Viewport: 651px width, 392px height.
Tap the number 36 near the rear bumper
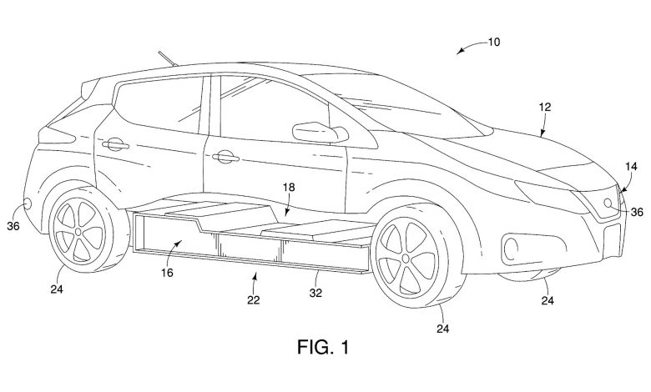(13, 224)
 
